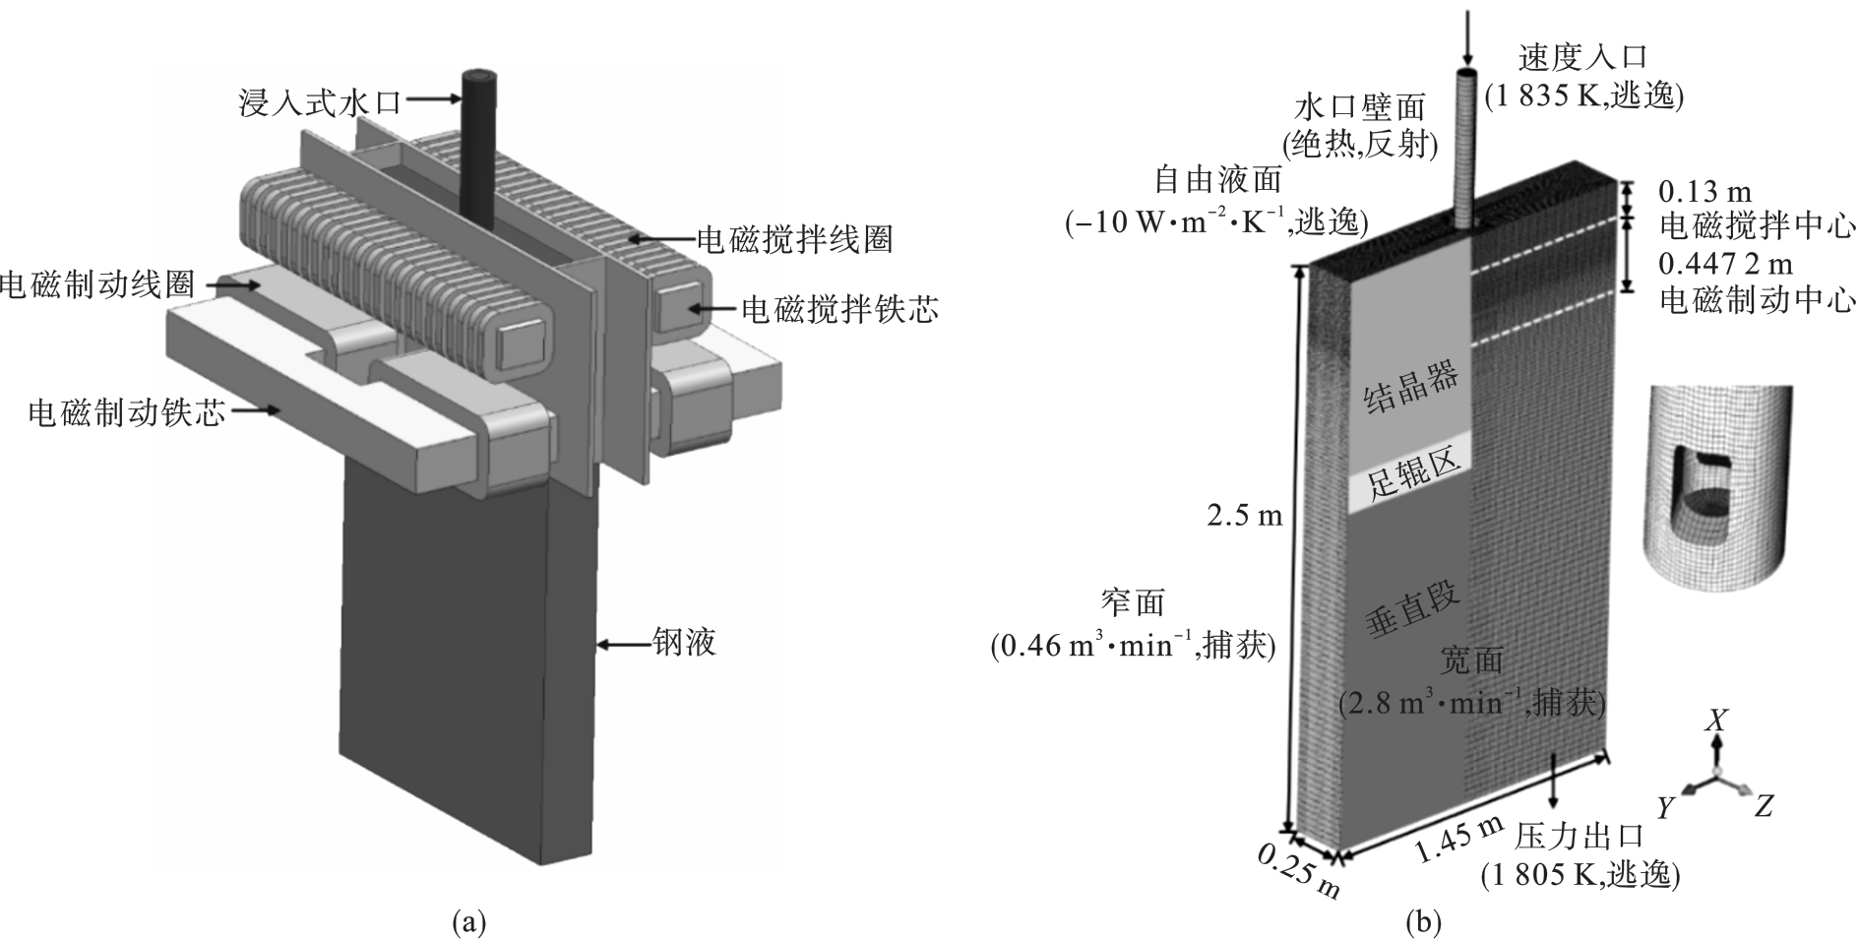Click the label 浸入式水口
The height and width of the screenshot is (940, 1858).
[321, 102]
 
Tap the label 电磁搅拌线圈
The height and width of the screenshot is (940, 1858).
[794, 239]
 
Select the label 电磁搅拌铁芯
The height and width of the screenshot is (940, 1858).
[838, 310]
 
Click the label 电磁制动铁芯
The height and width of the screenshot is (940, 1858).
[127, 412]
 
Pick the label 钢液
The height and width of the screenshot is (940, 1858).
[684, 644]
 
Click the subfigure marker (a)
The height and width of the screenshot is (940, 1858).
[468, 922]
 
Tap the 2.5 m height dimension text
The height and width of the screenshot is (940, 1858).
[1245, 515]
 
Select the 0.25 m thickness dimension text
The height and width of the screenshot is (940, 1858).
[1299, 871]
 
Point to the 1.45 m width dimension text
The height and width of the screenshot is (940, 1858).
[1458, 839]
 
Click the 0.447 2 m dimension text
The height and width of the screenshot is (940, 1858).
[1725, 264]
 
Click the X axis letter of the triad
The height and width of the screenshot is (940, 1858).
[1716, 721]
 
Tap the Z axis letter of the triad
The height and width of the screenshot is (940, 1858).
[1764, 807]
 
